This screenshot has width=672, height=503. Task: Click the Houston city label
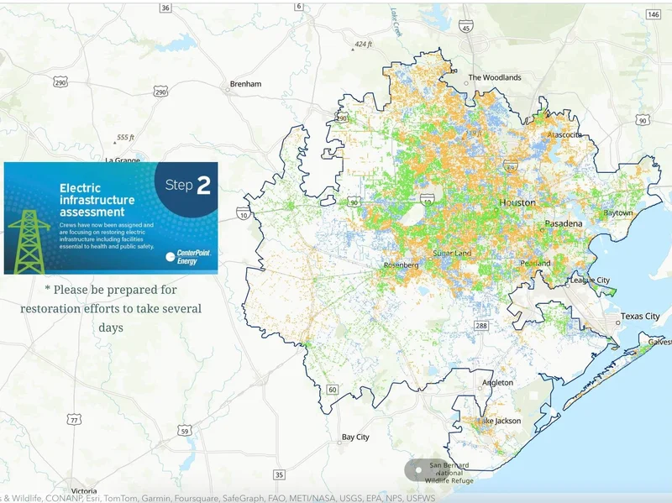(517, 203)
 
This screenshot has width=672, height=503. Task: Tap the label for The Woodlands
(495, 77)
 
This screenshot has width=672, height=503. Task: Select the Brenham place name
(245, 84)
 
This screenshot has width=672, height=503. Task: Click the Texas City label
(640, 317)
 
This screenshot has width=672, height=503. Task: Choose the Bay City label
(355, 438)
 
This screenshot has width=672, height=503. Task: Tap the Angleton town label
(497, 383)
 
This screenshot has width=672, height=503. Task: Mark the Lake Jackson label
(500, 421)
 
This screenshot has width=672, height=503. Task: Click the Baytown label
(618, 213)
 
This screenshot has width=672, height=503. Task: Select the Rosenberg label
(402, 265)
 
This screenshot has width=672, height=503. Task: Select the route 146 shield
(654, 15)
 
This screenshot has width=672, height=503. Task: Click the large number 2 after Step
(203, 186)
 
